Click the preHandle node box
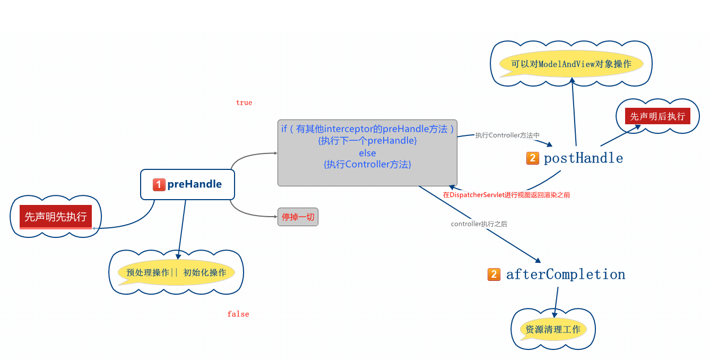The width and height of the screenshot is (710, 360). point(188,184)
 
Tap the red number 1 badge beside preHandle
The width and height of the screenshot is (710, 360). point(159,184)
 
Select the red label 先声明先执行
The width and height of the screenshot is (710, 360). point(56,217)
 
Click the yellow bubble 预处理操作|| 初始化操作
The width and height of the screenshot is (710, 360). point(176,272)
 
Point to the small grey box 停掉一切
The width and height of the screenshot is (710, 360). point(298,217)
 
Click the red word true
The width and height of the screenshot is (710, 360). point(244,102)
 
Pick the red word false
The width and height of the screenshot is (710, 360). point(238,314)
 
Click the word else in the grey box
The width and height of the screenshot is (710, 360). point(367,153)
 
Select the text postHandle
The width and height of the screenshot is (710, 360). point(583,158)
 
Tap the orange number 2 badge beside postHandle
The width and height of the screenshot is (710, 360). point(533,158)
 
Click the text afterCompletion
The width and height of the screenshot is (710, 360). point(566,274)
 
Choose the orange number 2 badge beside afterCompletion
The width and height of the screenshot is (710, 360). point(493,274)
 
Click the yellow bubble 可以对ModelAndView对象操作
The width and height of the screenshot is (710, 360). point(571,64)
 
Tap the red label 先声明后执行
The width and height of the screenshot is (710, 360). point(657,116)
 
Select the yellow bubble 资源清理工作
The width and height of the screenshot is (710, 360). point(553,329)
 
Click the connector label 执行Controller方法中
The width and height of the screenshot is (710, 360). point(507,135)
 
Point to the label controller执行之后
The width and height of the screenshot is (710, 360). point(479,224)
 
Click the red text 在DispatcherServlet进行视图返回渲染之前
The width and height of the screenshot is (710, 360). point(507,195)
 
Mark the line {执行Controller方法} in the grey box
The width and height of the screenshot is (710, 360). point(367,165)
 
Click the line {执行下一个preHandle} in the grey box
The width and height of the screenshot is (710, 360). point(367,141)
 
